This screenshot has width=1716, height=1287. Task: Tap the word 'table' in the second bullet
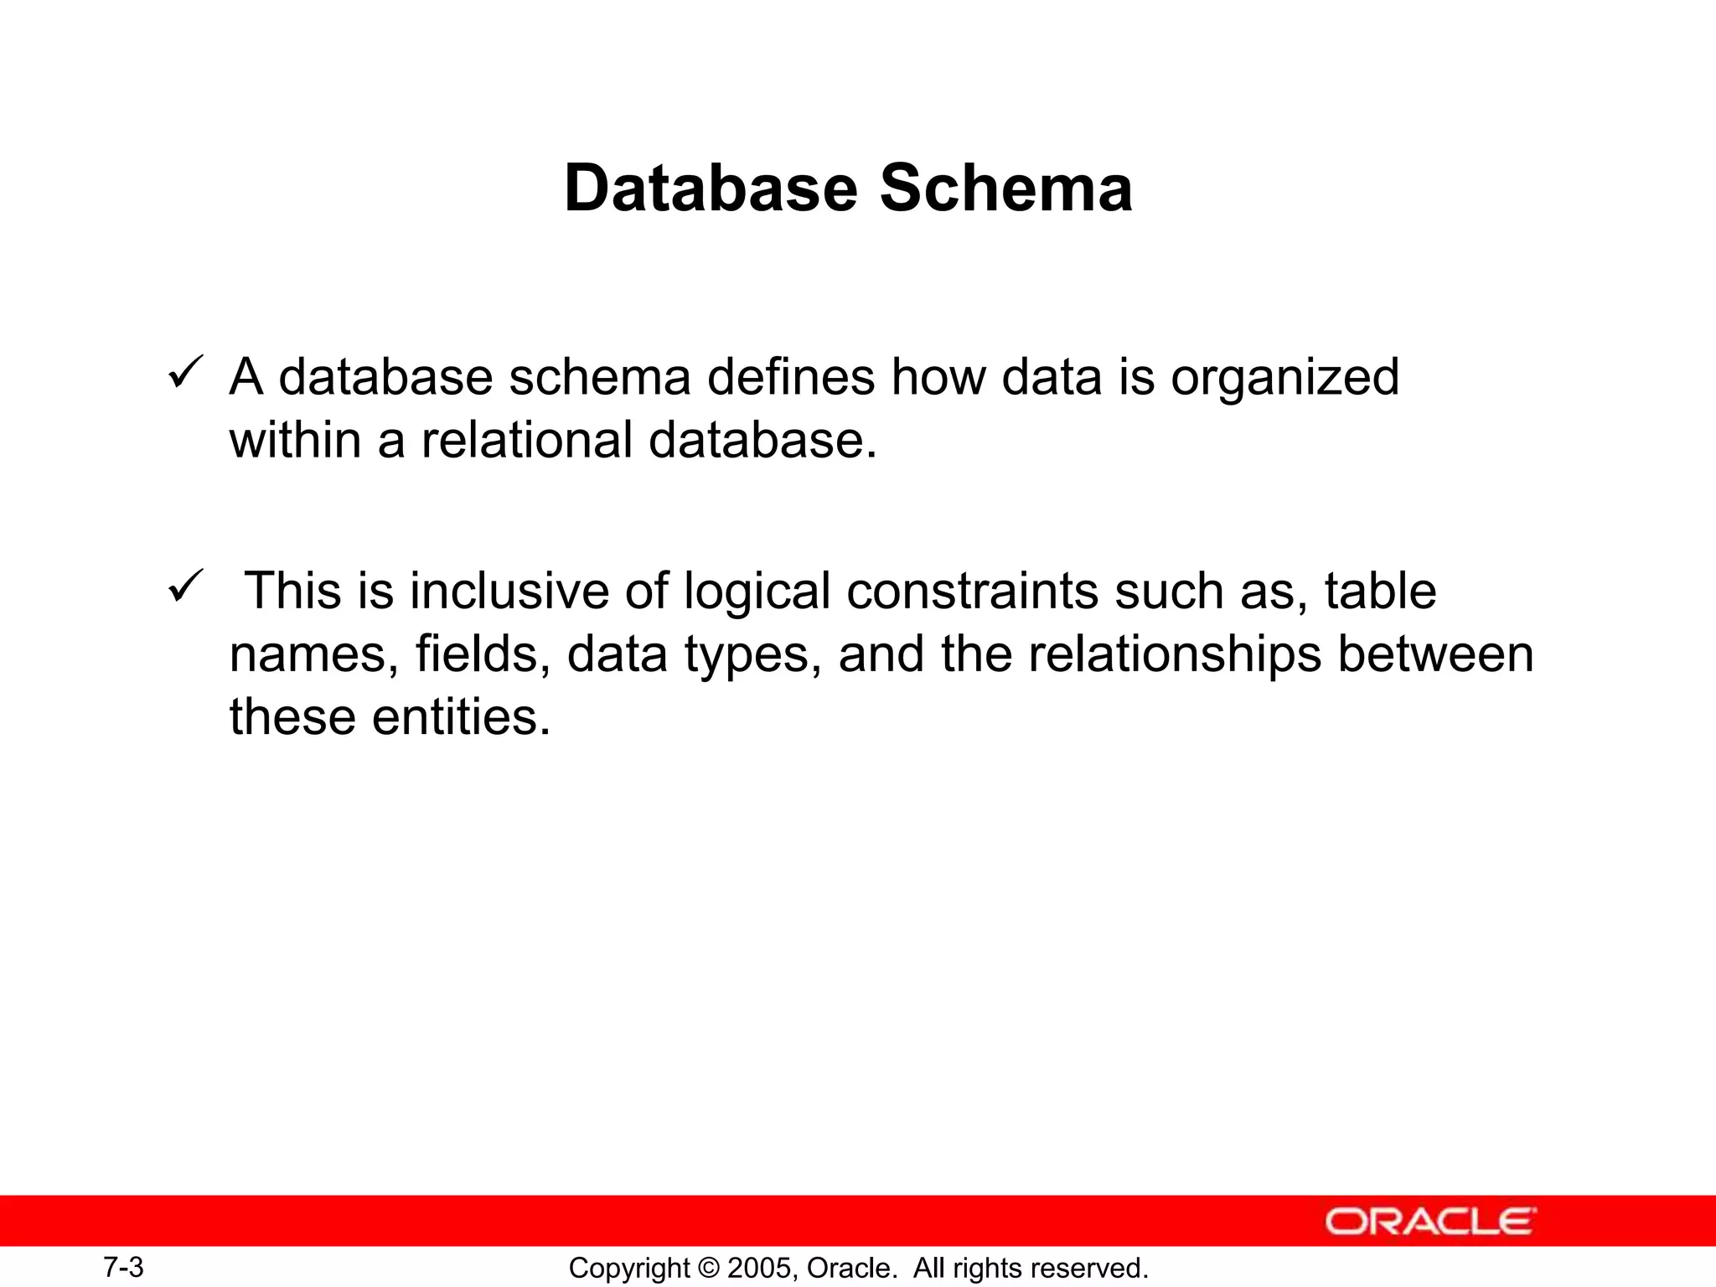1380,591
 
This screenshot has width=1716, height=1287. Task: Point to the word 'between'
1435,654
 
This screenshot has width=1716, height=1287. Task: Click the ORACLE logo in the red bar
1430,1222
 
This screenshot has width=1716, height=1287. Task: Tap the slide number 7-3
123,1267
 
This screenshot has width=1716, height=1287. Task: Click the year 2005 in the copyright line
757,1268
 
